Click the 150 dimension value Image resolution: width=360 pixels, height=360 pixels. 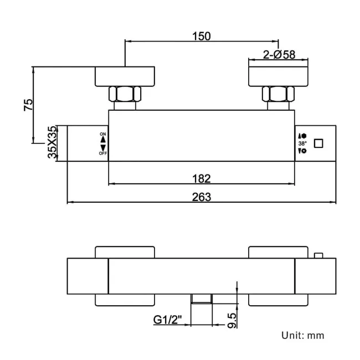(202, 36)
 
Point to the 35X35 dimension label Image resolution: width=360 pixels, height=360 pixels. (52, 143)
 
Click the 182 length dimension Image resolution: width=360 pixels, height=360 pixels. (202, 178)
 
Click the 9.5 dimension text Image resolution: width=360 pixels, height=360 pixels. (233, 320)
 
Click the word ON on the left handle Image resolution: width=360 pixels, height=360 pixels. (102, 135)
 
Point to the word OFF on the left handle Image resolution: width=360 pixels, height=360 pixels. (102, 153)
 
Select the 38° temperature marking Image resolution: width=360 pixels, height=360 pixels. (302, 143)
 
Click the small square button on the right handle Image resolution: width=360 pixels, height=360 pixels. (318, 143)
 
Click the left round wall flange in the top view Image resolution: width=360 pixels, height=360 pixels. (126, 76)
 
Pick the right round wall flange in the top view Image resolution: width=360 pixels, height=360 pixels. (278, 76)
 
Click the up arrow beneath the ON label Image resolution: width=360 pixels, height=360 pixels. (102, 141)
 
